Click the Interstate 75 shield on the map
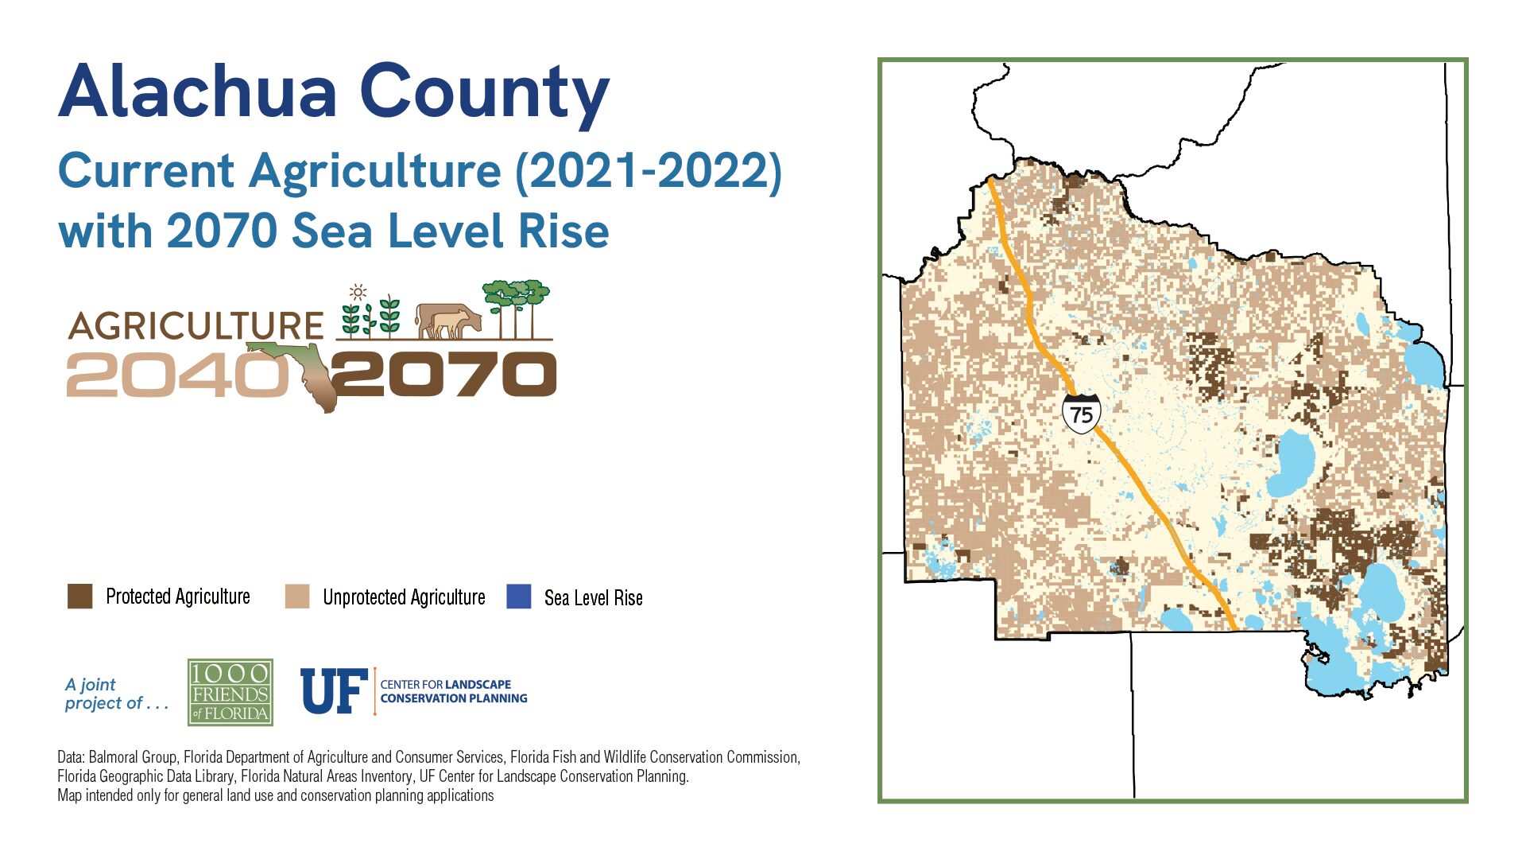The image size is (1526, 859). coord(1081,414)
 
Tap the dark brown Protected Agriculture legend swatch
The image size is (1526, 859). coord(79,597)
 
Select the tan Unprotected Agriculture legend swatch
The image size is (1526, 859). coord(297,597)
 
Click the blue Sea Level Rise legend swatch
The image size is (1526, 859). coord(519,597)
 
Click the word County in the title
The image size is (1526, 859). coord(485,95)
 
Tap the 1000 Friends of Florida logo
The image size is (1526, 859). coord(230,692)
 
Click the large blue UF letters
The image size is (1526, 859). coord(334,691)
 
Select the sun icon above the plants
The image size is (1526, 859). coord(358,292)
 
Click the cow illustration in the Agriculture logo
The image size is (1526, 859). coord(448,321)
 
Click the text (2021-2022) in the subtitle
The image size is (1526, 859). coord(649,172)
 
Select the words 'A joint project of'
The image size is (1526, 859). coord(117,694)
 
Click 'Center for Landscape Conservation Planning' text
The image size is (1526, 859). coord(454,691)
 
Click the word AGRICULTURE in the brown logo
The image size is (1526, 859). coord(196,326)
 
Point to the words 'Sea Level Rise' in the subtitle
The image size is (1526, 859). coord(450,231)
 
